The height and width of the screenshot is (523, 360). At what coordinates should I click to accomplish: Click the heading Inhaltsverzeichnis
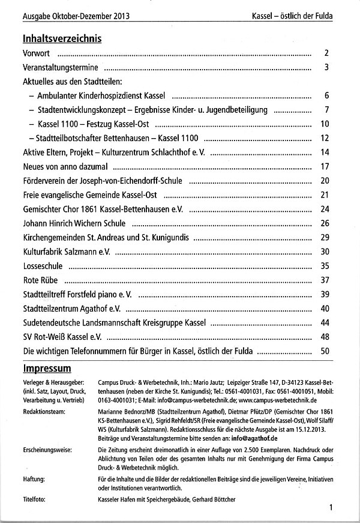(62, 38)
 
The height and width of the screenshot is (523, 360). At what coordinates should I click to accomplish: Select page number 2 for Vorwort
(327, 53)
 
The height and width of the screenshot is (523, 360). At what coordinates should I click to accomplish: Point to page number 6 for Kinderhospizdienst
(327, 95)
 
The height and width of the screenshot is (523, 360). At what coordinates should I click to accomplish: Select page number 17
(325, 166)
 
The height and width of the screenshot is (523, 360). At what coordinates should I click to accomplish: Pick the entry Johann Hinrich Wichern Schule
(74, 223)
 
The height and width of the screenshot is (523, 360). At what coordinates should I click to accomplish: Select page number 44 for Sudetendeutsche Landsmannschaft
(325, 322)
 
